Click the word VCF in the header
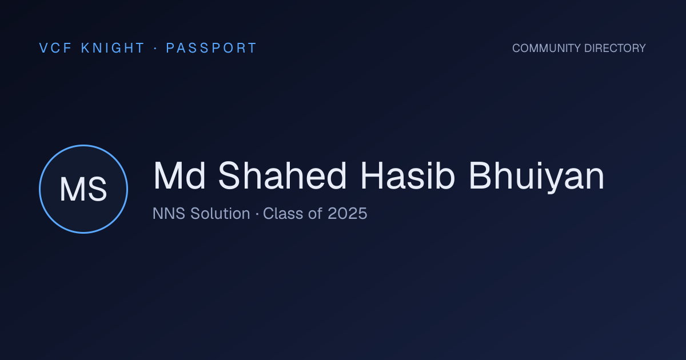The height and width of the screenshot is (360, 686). click(x=55, y=48)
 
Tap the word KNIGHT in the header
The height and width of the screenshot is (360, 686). click(x=113, y=48)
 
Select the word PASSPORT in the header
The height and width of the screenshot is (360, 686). click(x=211, y=48)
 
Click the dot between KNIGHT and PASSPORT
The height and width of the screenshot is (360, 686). click(x=155, y=48)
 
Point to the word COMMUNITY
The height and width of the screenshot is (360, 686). click(x=547, y=48)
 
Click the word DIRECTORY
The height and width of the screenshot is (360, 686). click(x=615, y=48)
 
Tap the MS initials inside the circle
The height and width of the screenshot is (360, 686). click(x=83, y=189)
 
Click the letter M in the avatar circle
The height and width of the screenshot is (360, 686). click(x=71, y=189)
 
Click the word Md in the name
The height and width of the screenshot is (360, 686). click(x=179, y=175)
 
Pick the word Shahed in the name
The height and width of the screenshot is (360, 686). click(x=282, y=175)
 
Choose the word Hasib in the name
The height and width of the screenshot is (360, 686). click(x=408, y=175)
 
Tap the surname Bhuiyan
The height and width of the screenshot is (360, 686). click(x=537, y=177)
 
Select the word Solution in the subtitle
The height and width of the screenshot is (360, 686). click(x=220, y=213)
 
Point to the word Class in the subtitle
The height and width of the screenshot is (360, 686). click(x=283, y=213)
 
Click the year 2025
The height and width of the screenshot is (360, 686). click(x=348, y=213)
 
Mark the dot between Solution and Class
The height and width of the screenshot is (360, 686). click(x=257, y=214)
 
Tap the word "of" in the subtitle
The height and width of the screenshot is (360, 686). click(x=316, y=213)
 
